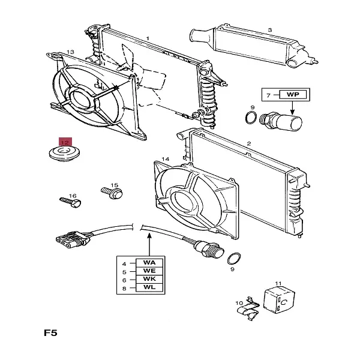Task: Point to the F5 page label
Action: pos(51,331)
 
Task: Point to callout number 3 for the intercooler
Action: pos(269,30)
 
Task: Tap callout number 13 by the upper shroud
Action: pos(70,52)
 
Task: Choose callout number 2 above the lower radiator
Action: pos(248,144)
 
